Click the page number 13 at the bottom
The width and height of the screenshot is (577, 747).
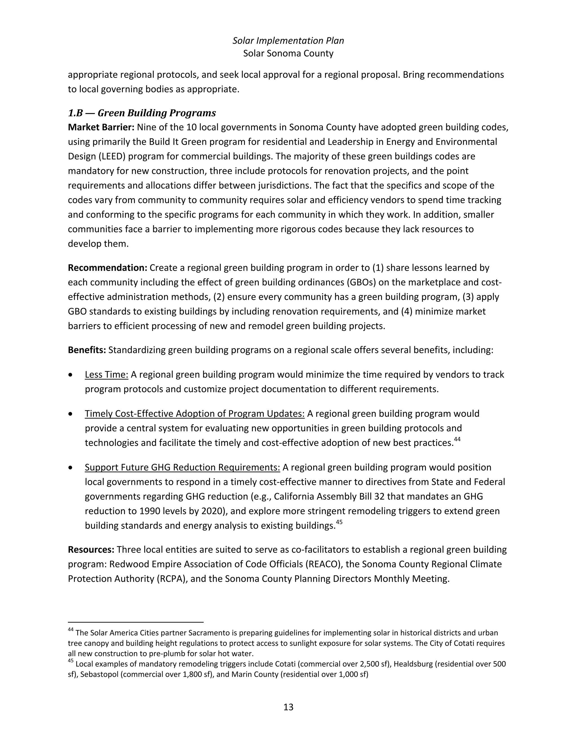pyautogui.click(x=288, y=707)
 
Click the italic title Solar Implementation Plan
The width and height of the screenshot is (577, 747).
pyautogui.click(x=288, y=41)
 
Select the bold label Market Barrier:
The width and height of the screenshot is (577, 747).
pyautogui.click(x=101, y=127)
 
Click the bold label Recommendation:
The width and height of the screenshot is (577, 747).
pyautogui.click(x=107, y=268)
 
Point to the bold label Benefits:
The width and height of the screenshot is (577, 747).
pyautogui.click(x=87, y=350)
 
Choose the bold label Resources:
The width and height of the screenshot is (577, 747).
pyautogui.click(x=91, y=549)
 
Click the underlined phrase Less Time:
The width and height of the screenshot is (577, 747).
pyautogui.click(x=106, y=375)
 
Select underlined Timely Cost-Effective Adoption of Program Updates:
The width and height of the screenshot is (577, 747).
pyautogui.click(x=194, y=414)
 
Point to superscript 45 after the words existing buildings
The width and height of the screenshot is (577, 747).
pyautogui.click(x=339, y=522)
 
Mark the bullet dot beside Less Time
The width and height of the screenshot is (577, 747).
pyautogui.click(x=70, y=375)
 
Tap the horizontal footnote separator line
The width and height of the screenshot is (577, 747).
pyautogui.click(x=136, y=622)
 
